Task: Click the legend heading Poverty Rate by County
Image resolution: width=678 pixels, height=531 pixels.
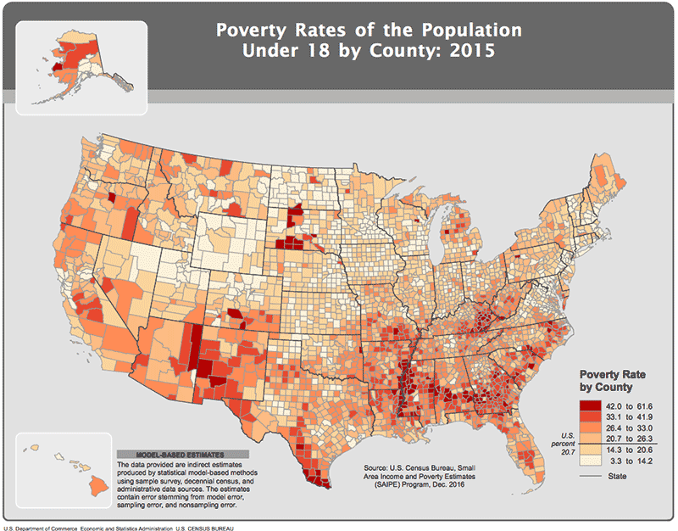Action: [x=605, y=380]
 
